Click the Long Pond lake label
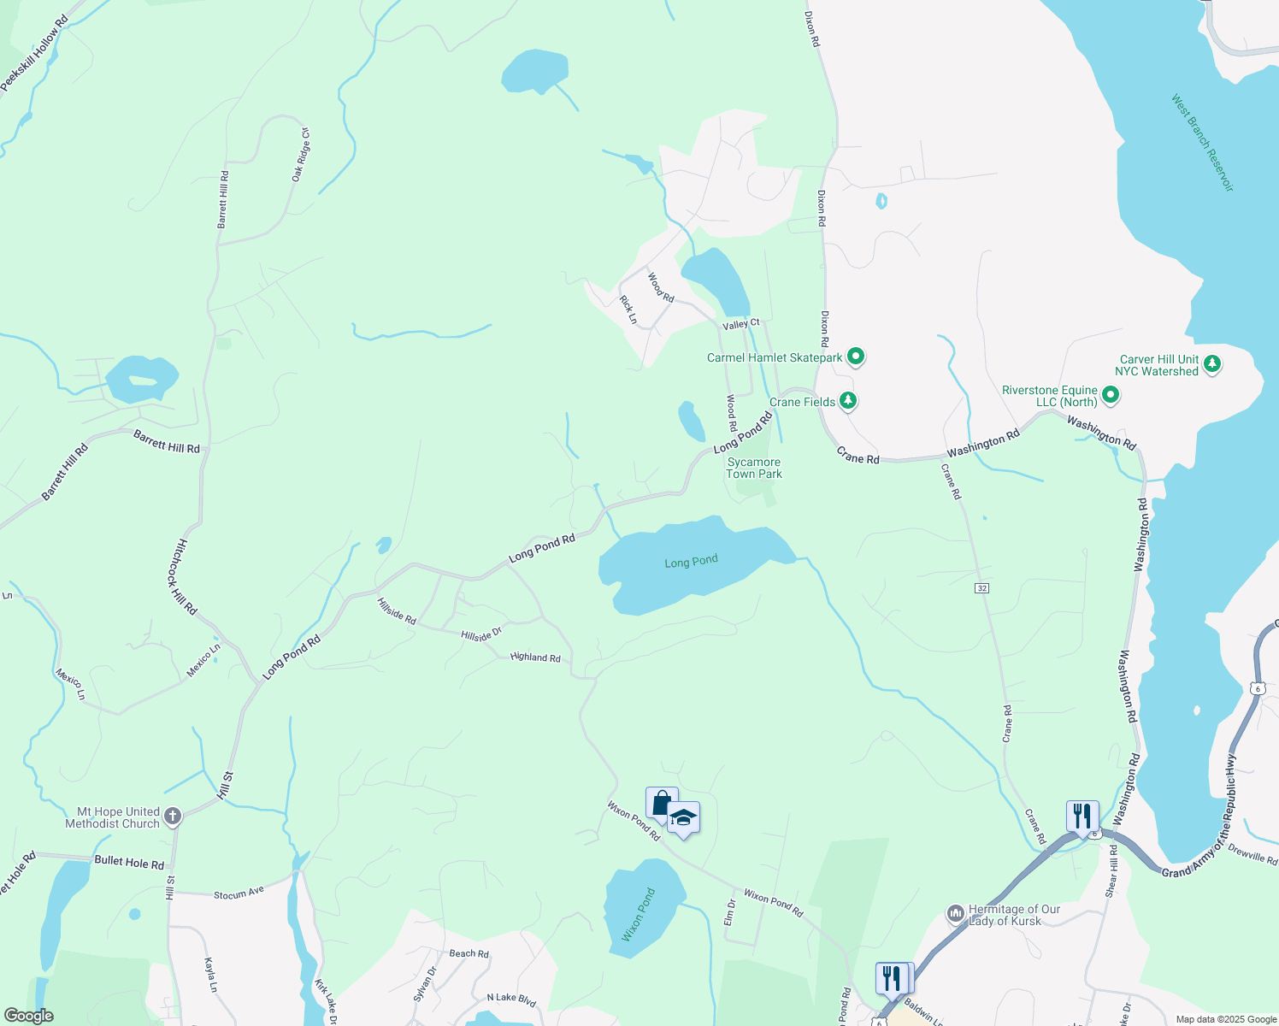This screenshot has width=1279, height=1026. [691, 562]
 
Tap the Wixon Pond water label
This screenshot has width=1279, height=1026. [639, 915]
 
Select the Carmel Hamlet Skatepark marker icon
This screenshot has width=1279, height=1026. [856, 357]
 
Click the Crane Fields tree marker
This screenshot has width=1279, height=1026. [848, 400]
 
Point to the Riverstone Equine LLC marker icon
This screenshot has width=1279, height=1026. [1110, 395]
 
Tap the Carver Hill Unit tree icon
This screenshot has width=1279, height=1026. [1211, 364]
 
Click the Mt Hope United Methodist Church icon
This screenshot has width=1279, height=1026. [173, 817]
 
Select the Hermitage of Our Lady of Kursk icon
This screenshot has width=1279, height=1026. [956, 914]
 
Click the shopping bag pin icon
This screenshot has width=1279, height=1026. [662, 803]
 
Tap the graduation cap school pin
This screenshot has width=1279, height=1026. [683, 818]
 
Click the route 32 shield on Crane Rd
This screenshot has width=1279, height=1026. [981, 588]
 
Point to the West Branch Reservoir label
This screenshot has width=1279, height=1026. [1202, 143]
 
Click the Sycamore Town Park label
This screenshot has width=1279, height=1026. [754, 468]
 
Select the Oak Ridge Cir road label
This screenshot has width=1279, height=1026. [300, 155]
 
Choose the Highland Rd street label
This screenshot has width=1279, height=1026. [535, 657]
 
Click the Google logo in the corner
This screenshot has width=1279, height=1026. [28, 1015]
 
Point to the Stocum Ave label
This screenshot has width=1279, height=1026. [239, 893]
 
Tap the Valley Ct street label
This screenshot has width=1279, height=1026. [740, 324]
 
